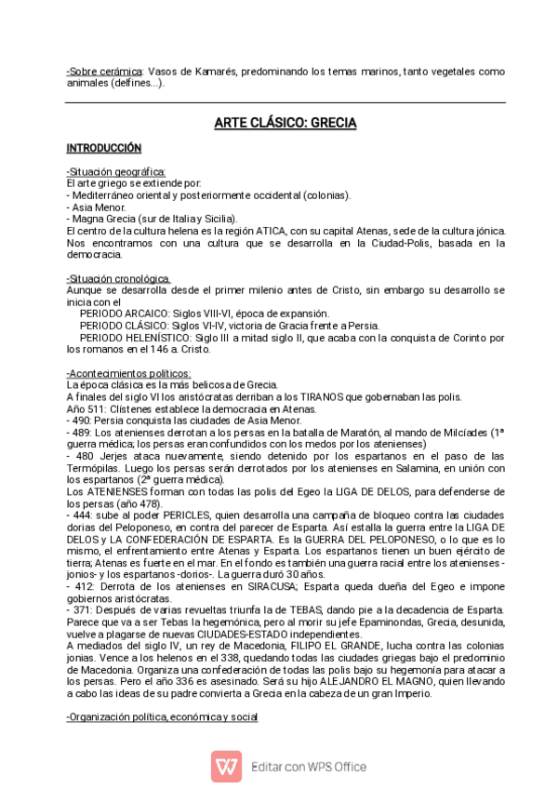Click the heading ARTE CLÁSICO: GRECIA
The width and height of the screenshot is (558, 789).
tap(286, 123)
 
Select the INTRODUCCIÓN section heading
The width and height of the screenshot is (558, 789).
tap(103, 149)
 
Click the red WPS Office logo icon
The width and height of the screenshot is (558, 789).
tap(226, 766)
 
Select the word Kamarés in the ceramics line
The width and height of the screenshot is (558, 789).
tap(215, 71)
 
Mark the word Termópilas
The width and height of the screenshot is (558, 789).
tap(93, 469)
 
